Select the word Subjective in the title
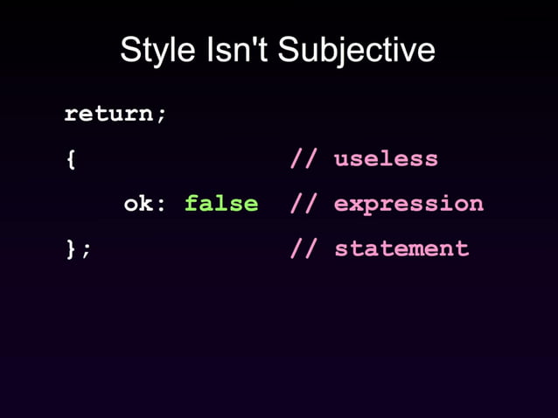click(356, 50)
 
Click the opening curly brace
click(71, 159)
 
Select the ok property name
click(137, 204)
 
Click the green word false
click(221, 204)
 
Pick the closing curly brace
click(71, 248)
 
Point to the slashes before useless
click(303, 159)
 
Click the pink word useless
click(386, 159)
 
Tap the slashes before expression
click(303, 204)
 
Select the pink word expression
click(408, 205)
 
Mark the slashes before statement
click(303, 248)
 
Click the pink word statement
click(401, 248)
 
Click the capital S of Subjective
click(288, 50)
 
